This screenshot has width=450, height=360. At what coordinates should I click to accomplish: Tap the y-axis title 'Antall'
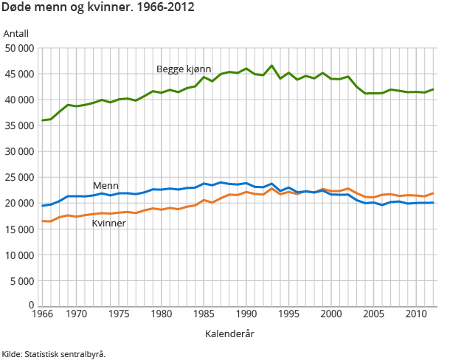[x=15, y=34]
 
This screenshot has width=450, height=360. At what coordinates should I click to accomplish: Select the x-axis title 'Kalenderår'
[x=229, y=333]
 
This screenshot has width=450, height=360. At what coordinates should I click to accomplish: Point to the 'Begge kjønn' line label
[x=184, y=69]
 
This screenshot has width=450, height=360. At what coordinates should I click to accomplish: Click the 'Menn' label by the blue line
[x=105, y=185]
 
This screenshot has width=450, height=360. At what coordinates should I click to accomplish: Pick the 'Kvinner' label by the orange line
[x=108, y=223]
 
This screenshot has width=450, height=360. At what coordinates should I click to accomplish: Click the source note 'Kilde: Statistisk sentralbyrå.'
[x=53, y=353]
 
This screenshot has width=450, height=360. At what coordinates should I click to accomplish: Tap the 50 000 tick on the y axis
[x=20, y=48]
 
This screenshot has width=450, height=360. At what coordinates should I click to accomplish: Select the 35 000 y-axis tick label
[x=20, y=125]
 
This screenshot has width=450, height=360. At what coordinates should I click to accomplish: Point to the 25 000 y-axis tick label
[x=20, y=177]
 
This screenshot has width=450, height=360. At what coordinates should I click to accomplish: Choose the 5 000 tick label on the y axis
[x=22, y=280]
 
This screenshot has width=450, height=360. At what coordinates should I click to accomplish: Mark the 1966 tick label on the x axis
[x=43, y=314]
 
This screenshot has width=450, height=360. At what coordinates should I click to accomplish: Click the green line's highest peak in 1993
[x=271, y=66]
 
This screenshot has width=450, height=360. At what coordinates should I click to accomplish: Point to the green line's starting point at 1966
[x=43, y=120]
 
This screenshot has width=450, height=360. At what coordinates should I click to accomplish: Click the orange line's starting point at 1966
[x=43, y=221]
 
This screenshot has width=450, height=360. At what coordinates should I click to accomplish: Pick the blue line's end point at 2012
[x=432, y=202]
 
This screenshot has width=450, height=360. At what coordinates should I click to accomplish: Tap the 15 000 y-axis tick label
[x=20, y=229]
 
